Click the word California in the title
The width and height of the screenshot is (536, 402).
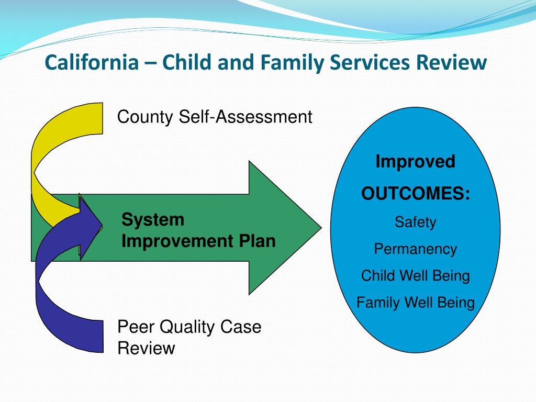click(92, 62)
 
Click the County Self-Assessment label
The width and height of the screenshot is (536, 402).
click(214, 117)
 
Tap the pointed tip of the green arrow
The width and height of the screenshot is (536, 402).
click(321, 228)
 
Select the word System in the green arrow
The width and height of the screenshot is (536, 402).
click(153, 219)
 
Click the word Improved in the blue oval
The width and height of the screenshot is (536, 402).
click(415, 162)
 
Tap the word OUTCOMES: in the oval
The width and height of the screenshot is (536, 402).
click(416, 194)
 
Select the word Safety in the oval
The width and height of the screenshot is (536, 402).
click(415, 222)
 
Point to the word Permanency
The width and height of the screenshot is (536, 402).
click(415, 249)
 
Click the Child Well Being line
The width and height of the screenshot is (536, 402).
click(415, 276)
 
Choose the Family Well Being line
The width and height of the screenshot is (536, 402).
click(415, 303)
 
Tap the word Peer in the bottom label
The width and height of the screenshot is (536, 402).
click(136, 327)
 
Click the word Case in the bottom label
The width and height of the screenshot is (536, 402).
click(241, 327)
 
